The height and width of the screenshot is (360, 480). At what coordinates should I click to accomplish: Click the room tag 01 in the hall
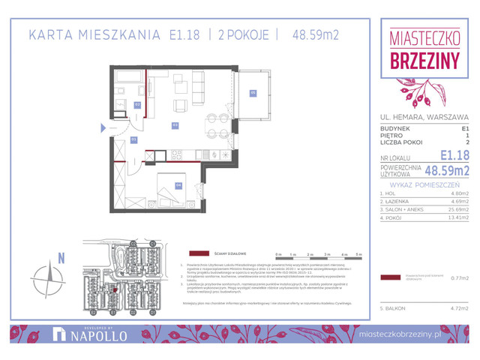[134, 139]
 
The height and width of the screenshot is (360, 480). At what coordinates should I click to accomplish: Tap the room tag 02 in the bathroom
[137, 104]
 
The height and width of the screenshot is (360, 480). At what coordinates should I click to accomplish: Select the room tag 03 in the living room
[175, 124]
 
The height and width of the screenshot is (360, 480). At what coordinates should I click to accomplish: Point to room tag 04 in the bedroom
[178, 184]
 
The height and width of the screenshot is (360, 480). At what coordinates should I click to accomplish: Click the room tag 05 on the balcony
[253, 93]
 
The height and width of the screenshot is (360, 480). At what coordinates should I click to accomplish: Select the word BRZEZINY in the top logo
[424, 61]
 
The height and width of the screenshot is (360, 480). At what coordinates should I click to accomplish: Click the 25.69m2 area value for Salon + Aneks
[458, 211]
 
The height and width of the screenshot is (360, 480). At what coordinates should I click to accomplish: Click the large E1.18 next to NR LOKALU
[454, 156]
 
